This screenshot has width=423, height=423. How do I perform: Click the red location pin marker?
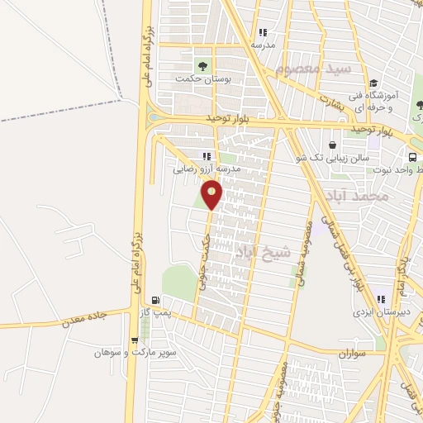pyautogui.click(x=212, y=195)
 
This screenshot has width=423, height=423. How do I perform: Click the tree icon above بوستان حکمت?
pyautogui.click(x=202, y=64)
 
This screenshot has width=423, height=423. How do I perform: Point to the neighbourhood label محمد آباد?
pyautogui.click(x=357, y=196)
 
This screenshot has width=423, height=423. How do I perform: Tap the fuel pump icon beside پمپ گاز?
pyautogui.click(x=155, y=300)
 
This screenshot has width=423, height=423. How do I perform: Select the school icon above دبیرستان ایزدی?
pyautogui.click(x=381, y=300)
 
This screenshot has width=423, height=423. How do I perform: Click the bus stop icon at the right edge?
pyautogui.click(x=411, y=156)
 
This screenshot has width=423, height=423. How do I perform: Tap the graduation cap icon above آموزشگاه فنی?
pyautogui.click(x=373, y=83)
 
